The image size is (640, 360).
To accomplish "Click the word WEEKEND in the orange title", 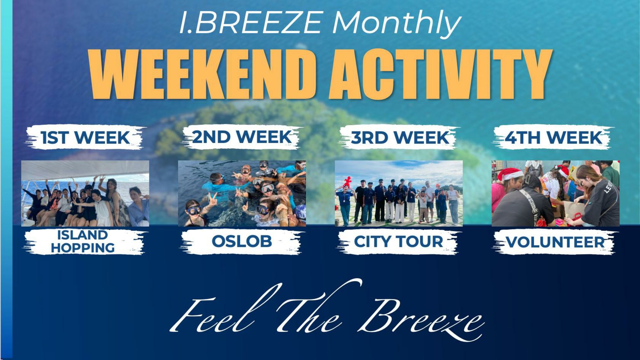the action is point(202,74).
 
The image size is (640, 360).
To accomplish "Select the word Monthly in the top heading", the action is point(397,23).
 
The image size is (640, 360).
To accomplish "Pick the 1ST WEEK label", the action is point(85,138).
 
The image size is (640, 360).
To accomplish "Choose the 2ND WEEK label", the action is point(242,137).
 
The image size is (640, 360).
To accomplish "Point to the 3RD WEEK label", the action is point(400,138).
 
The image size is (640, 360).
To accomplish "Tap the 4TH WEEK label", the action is point(554,138).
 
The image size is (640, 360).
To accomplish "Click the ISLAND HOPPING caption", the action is point(83,242).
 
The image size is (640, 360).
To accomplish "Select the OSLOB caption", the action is point(242,241).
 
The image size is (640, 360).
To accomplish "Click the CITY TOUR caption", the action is point(398,242).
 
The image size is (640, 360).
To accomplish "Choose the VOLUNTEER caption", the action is point(556,242).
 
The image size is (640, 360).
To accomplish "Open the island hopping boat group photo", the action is point(85,193).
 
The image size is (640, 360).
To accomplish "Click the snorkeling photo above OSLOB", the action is point(242,193).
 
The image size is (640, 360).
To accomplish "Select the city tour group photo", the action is point(399,193).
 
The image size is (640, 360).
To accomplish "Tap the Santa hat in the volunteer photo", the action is point(511,174).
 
